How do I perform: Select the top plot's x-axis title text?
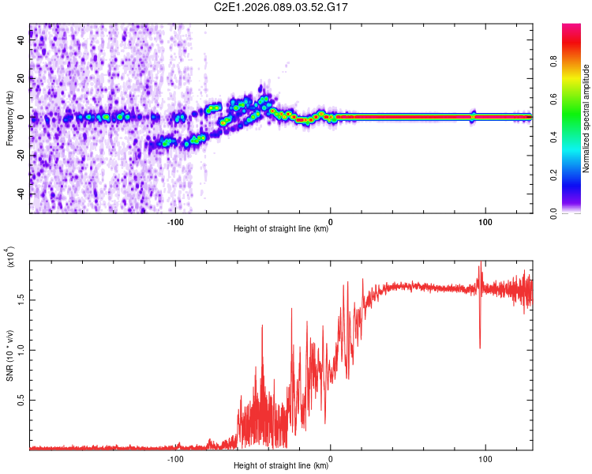click(281, 230)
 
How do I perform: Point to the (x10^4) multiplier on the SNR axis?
click(10, 258)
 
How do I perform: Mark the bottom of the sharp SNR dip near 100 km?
click(480, 348)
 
